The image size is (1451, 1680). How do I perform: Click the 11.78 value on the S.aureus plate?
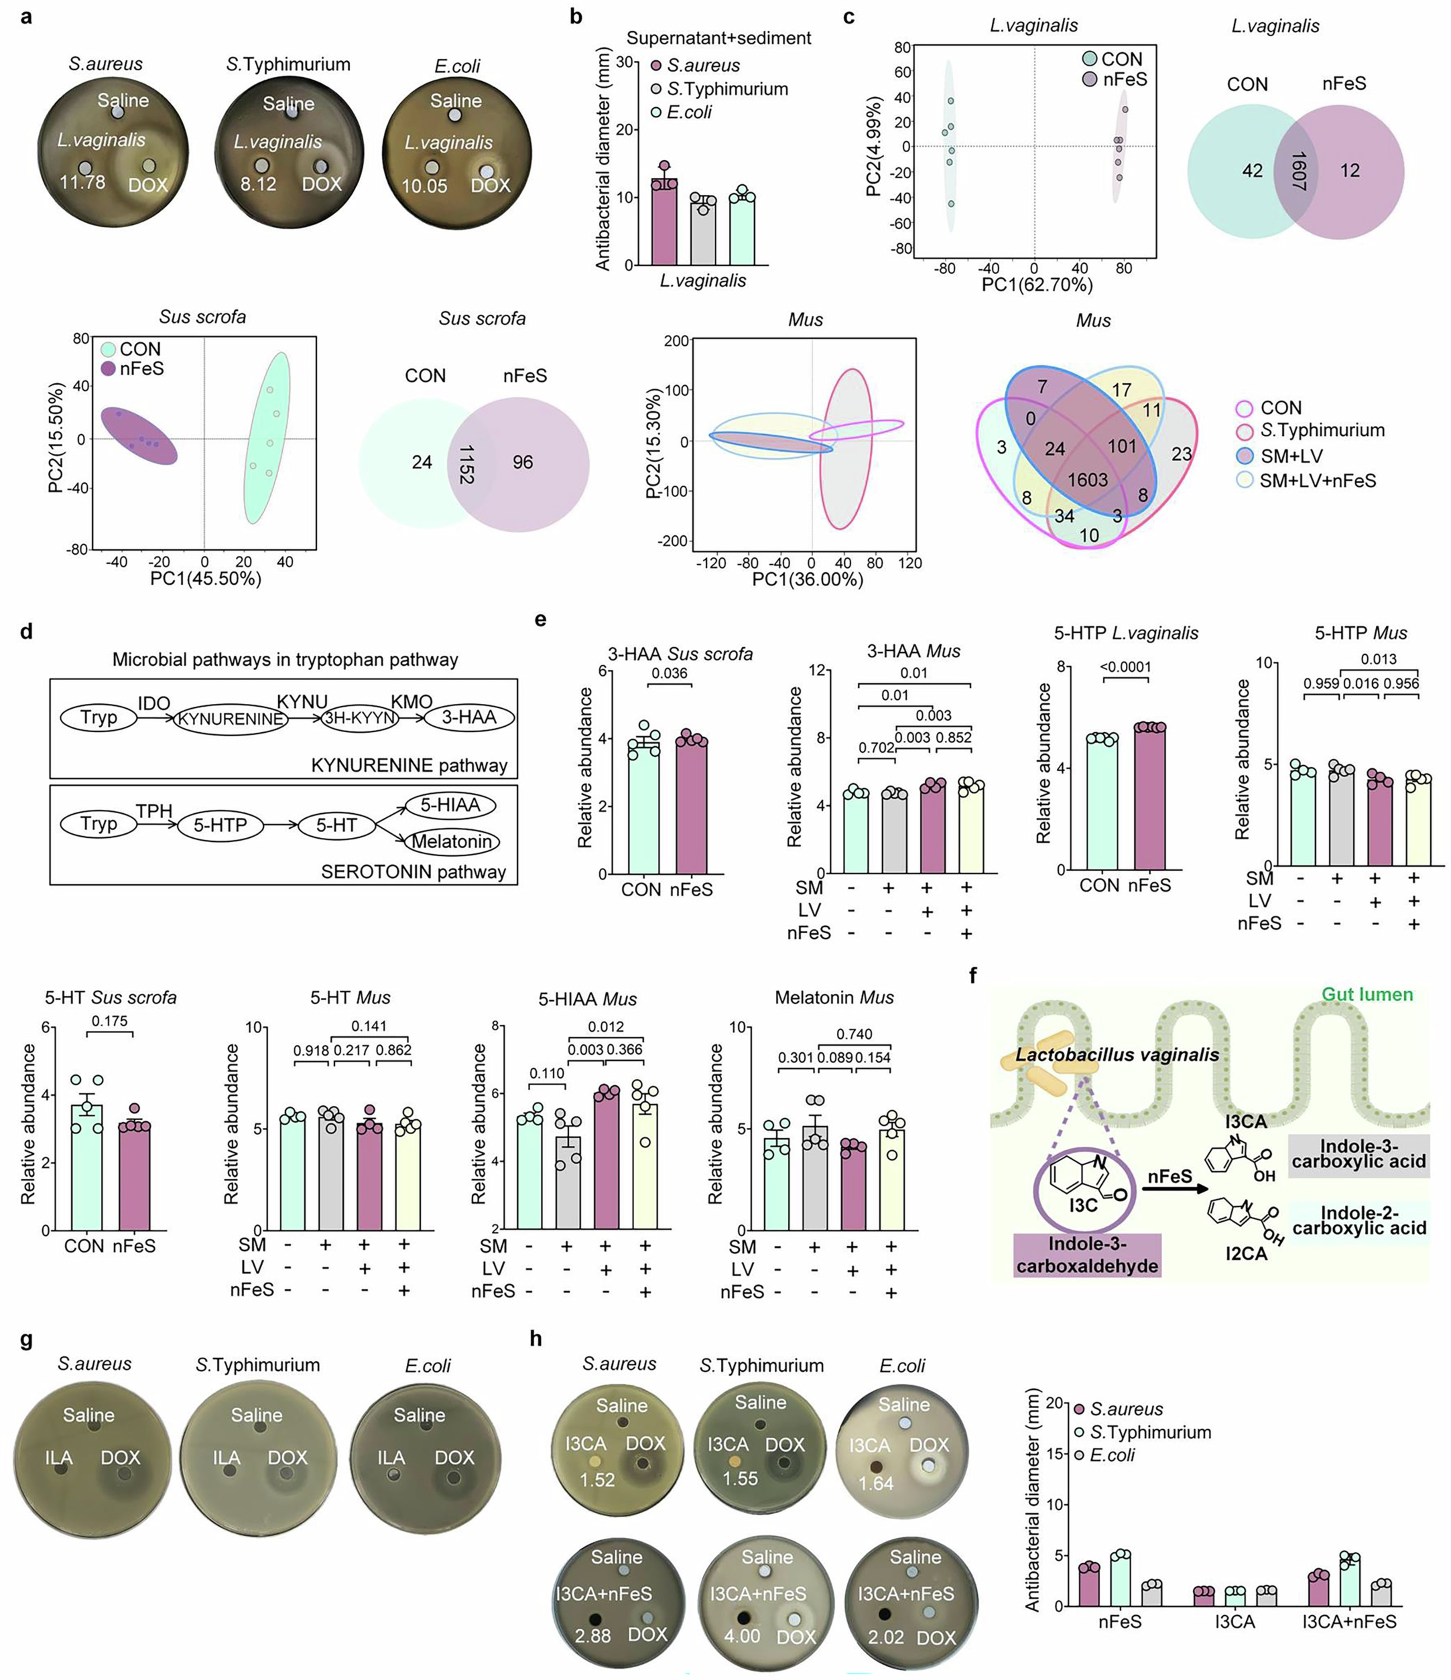click(x=82, y=182)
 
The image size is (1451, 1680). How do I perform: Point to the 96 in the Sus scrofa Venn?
click(x=522, y=462)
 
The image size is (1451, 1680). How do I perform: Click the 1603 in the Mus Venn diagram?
click(x=1087, y=480)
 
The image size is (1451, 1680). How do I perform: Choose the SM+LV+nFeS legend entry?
click(x=1317, y=481)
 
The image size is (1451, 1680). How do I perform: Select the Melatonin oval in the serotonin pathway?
click(x=452, y=842)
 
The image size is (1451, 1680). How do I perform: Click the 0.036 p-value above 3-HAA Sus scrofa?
click(x=669, y=673)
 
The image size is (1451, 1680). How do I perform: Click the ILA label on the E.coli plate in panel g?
click(x=391, y=1458)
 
